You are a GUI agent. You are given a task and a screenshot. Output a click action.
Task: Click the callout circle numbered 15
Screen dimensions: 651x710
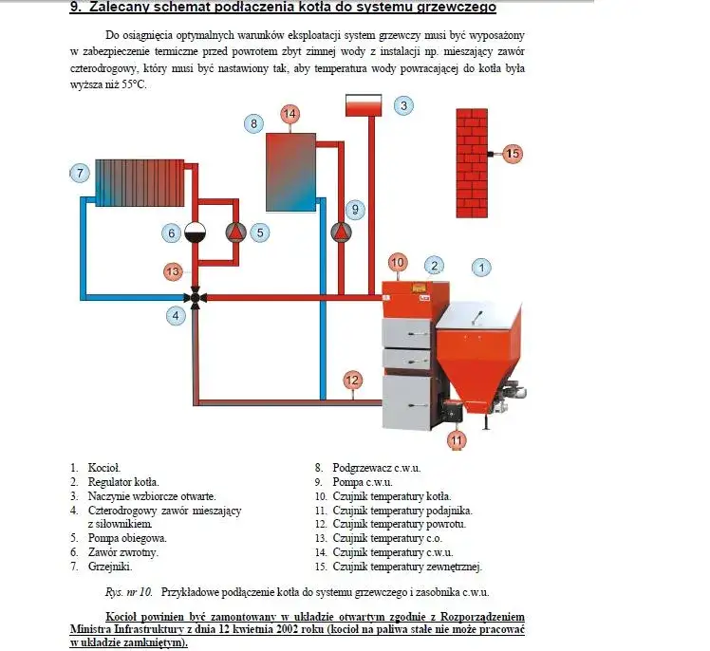pyautogui.click(x=513, y=153)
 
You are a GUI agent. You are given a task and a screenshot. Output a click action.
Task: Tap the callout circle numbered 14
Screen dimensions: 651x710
pyautogui.click(x=290, y=114)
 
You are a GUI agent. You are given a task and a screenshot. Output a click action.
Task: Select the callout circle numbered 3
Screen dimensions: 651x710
pyautogui.click(x=403, y=105)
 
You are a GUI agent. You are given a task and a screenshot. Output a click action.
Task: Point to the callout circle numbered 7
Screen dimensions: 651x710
pyautogui.click(x=81, y=173)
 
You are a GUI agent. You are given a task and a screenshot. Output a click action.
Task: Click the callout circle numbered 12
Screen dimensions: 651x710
pyautogui.click(x=352, y=381)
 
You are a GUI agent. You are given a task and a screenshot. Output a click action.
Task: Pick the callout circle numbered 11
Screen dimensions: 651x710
pyautogui.click(x=458, y=439)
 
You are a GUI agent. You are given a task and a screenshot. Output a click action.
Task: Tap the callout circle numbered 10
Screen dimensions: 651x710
pyautogui.click(x=397, y=262)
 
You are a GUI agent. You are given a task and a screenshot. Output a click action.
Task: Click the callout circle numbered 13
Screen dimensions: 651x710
pyautogui.click(x=172, y=271)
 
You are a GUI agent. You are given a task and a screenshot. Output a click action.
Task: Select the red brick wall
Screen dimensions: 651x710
pyautogui.click(x=471, y=162)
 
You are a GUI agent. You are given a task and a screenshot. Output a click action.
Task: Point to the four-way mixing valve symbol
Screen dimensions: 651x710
pyautogui.click(x=196, y=297)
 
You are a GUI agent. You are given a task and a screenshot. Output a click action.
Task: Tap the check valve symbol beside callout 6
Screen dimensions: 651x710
pyautogui.click(x=196, y=232)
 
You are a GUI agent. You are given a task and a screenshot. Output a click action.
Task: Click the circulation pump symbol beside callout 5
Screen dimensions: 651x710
pyautogui.click(x=234, y=232)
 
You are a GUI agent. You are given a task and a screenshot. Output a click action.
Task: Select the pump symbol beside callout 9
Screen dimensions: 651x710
pyautogui.click(x=340, y=232)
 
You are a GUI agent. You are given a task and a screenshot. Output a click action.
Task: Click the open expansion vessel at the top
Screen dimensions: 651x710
pyautogui.click(x=363, y=105)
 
